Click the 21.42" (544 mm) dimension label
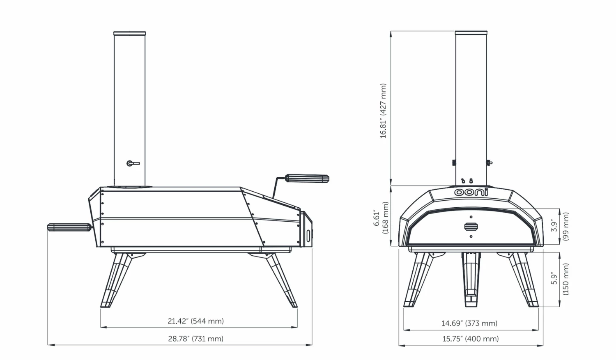coord(196,321)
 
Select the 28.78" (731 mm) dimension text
coord(196,339)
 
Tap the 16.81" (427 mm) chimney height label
coord(383,111)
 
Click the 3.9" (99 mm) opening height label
coord(560,227)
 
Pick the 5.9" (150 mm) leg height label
coord(560,279)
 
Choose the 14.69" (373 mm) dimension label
coord(469,323)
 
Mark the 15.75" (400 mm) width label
coord(471,339)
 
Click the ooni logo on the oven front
coord(471,192)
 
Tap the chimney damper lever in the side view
coord(133,163)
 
